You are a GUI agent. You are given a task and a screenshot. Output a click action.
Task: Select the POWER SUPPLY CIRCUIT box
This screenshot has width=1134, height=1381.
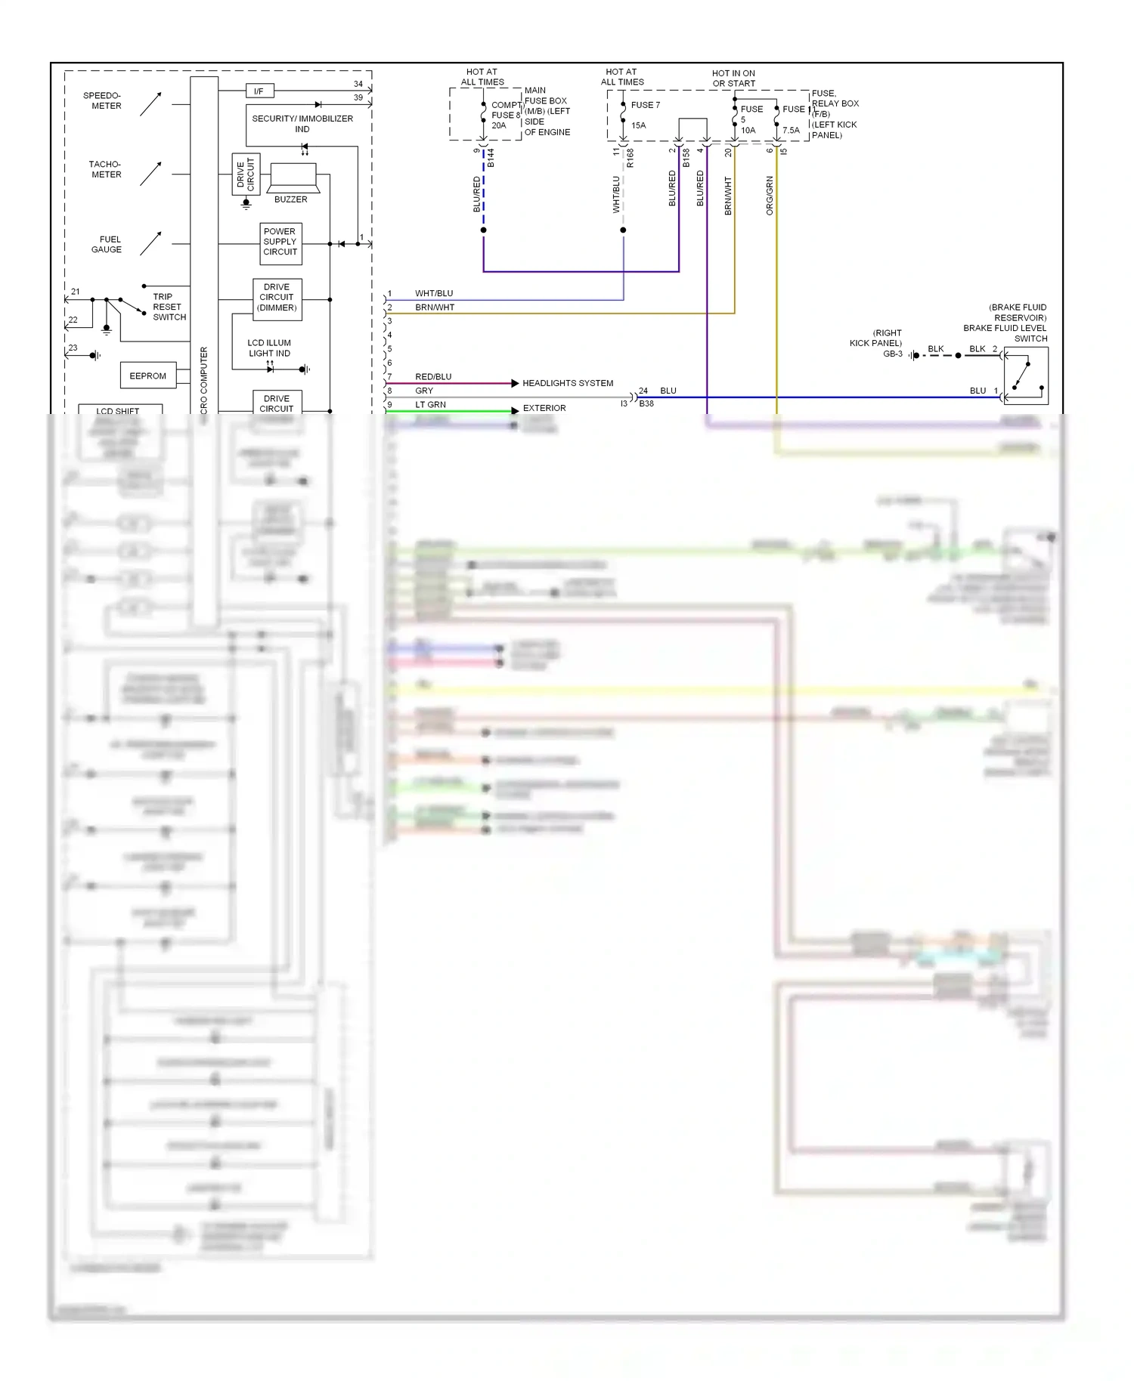coord(280,243)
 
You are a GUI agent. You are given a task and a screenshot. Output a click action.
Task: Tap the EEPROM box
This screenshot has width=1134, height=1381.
coord(147,375)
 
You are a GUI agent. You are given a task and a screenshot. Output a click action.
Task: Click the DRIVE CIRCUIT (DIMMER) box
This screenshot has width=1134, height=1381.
coord(277,298)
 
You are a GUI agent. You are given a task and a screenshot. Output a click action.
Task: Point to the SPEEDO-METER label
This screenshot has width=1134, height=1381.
coord(102,100)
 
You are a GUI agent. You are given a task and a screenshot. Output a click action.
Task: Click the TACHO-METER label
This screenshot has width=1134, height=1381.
coord(105,169)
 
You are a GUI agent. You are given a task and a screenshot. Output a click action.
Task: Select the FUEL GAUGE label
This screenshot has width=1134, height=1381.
coord(107,244)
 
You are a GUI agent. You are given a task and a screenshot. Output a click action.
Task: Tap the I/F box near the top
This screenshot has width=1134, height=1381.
coord(259,91)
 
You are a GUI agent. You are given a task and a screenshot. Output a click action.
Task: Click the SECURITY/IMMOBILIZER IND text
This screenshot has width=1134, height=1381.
coord(302,123)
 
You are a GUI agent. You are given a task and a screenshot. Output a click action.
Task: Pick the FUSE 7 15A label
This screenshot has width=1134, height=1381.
coord(644,115)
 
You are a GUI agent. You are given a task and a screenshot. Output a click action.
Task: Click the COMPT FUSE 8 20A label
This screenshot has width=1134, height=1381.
coord(505,115)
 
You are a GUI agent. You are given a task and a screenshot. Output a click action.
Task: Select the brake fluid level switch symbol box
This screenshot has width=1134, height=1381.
coord(1026,375)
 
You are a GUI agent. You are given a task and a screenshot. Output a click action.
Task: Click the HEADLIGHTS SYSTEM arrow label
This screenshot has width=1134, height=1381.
coord(568,383)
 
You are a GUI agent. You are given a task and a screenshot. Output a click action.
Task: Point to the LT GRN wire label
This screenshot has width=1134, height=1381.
coord(430,404)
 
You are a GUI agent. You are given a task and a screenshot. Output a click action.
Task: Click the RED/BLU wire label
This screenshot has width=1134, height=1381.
coord(433,376)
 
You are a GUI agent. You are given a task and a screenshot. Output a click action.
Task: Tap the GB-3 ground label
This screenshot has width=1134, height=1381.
coord(893,354)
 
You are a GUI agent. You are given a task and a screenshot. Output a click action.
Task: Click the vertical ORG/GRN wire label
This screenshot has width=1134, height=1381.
coord(770,196)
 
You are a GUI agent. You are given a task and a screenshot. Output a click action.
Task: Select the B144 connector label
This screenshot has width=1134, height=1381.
coord(490,158)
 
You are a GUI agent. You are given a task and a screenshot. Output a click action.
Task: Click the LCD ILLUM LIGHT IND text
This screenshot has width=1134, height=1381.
coord(269,348)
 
